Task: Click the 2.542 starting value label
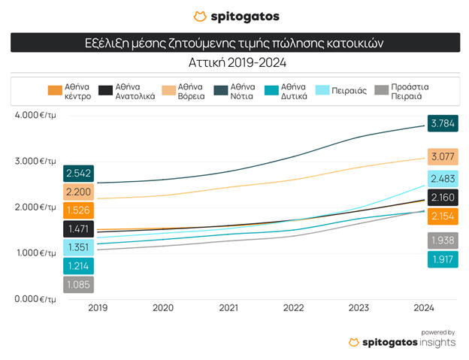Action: point(79,174)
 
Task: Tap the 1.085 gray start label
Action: point(79,286)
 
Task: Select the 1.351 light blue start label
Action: point(79,247)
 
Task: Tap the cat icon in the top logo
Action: point(200,16)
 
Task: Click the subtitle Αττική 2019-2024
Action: point(234,63)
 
